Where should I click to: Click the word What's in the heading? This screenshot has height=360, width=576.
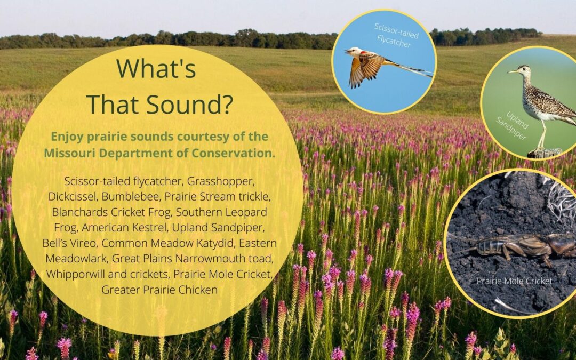coord(156,69)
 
